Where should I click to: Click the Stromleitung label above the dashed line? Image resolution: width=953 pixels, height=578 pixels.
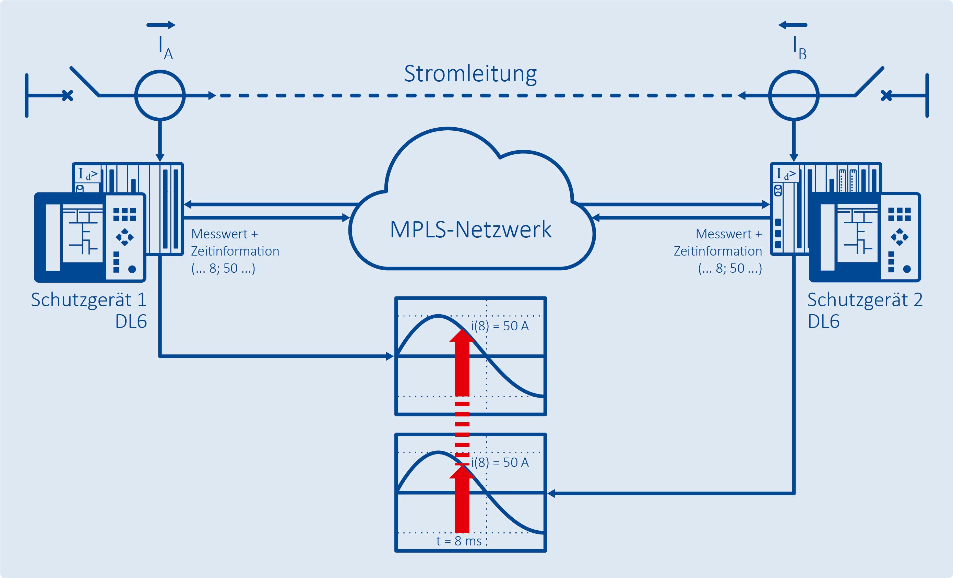pos(470,73)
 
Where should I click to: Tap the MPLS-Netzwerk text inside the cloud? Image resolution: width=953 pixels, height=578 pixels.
pos(470,229)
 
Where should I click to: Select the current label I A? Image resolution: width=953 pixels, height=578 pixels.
pos(166,48)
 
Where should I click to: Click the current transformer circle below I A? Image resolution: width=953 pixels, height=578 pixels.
pos(160,71)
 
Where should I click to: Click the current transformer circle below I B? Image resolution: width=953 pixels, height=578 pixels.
pos(794,71)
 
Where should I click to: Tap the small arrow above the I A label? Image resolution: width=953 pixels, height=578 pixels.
pos(161,25)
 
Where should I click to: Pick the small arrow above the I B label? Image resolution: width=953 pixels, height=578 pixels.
pos(793,25)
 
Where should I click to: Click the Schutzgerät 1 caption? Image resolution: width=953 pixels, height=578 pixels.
pos(89,300)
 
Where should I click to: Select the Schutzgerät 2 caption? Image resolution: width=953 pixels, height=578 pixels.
pos(865,300)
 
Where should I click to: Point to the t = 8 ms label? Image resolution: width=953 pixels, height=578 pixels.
pos(459,541)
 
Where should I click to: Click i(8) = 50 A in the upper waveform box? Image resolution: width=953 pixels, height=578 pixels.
pos(500,326)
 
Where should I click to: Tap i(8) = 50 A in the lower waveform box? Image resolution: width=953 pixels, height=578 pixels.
pos(500,462)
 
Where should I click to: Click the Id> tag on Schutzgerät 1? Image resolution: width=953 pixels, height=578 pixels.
pos(88,174)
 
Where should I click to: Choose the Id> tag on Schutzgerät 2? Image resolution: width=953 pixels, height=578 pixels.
pos(786,174)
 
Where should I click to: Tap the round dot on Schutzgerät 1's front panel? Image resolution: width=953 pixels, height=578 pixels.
pos(132,269)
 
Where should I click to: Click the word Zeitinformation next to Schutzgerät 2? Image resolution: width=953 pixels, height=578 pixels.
pos(718,251)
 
